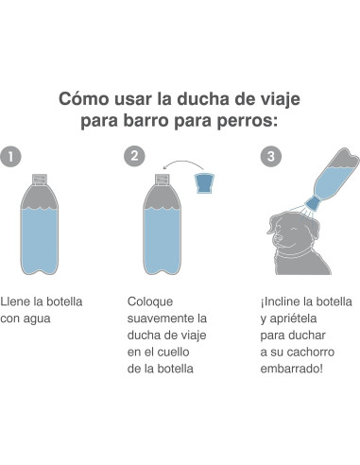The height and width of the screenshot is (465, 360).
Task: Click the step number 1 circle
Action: [x=10, y=157]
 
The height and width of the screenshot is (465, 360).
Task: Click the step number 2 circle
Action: [x=135, y=157]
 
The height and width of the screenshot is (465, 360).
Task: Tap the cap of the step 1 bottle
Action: [x=41, y=176]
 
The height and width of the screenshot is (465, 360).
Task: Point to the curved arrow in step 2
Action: [x=185, y=166]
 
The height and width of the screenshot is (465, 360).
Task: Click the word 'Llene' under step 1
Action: [x=17, y=301]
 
